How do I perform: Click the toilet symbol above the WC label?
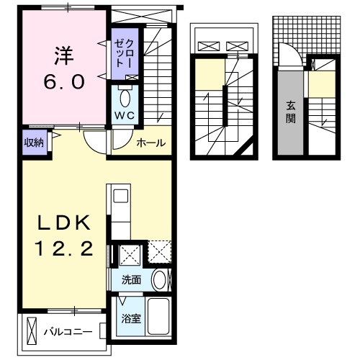(124, 97)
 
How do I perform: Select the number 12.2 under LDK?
(63, 250)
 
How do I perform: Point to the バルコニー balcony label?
(67, 332)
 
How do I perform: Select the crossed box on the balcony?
(32, 332)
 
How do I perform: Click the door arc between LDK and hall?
(92, 142)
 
